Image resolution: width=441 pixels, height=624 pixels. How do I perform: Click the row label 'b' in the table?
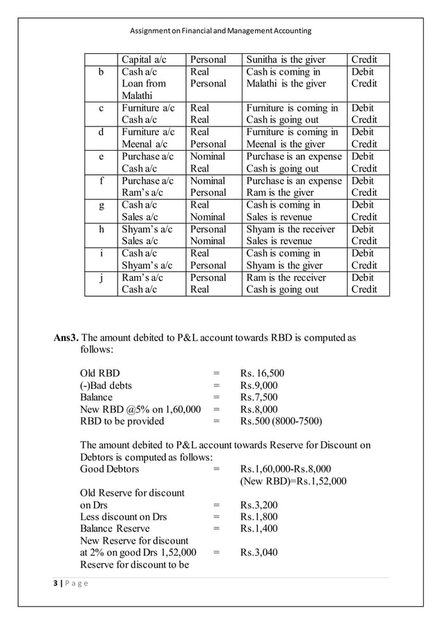[x=102, y=71]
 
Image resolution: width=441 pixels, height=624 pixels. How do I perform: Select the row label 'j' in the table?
[x=102, y=277]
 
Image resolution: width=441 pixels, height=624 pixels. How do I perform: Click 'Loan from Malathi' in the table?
[x=144, y=89]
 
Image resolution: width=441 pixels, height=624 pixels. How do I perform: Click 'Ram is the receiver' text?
[x=290, y=277]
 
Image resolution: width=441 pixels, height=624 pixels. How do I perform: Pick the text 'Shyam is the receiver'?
[x=290, y=229]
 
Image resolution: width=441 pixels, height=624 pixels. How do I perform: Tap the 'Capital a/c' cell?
[x=144, y=59]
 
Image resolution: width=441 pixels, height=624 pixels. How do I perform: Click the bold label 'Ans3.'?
[x=67, y=338]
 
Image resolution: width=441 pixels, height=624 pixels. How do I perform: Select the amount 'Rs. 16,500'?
[x=262, y=374]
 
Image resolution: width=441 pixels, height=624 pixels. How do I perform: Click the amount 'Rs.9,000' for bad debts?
[x=259, y=385]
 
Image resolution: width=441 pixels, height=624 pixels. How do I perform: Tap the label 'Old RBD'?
[x=100, y=374]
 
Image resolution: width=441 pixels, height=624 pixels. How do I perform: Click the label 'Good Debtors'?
[x=109, y=469]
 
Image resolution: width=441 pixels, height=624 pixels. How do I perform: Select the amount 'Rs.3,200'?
[x=259, y=505]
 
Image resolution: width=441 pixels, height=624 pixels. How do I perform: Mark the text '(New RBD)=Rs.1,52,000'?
[x=293, y=481]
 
